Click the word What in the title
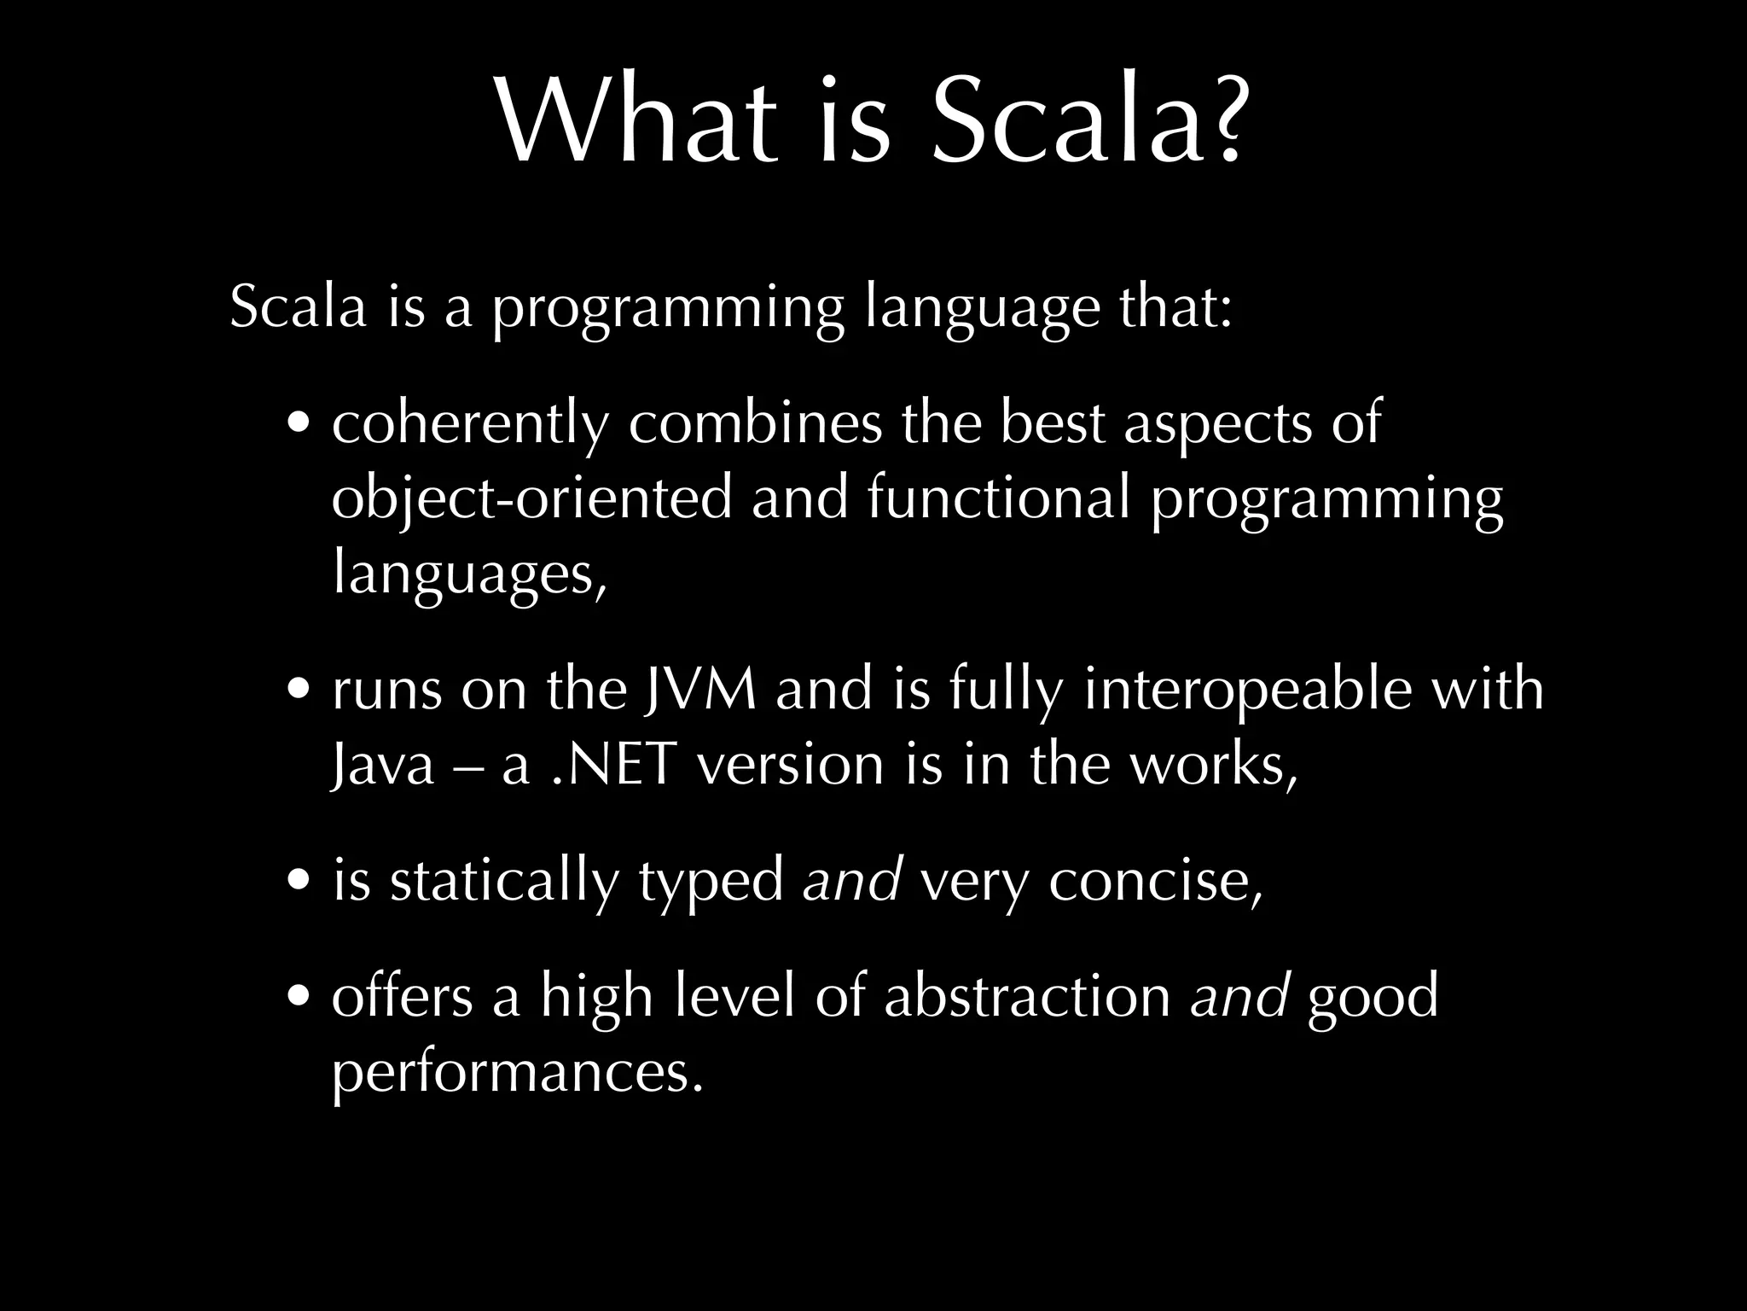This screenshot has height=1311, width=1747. tap(636, 123)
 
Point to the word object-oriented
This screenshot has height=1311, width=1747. tap(531, 498)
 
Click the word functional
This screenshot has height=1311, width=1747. tap(999, 497)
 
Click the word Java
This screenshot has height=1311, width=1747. tap(383, 765)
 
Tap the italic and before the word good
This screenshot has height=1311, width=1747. tap(1239, 996)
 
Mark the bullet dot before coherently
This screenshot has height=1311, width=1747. tap(300, 425)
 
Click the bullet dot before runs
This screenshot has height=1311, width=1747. tap(300, 690)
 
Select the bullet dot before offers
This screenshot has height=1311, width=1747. tap(300, 998)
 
